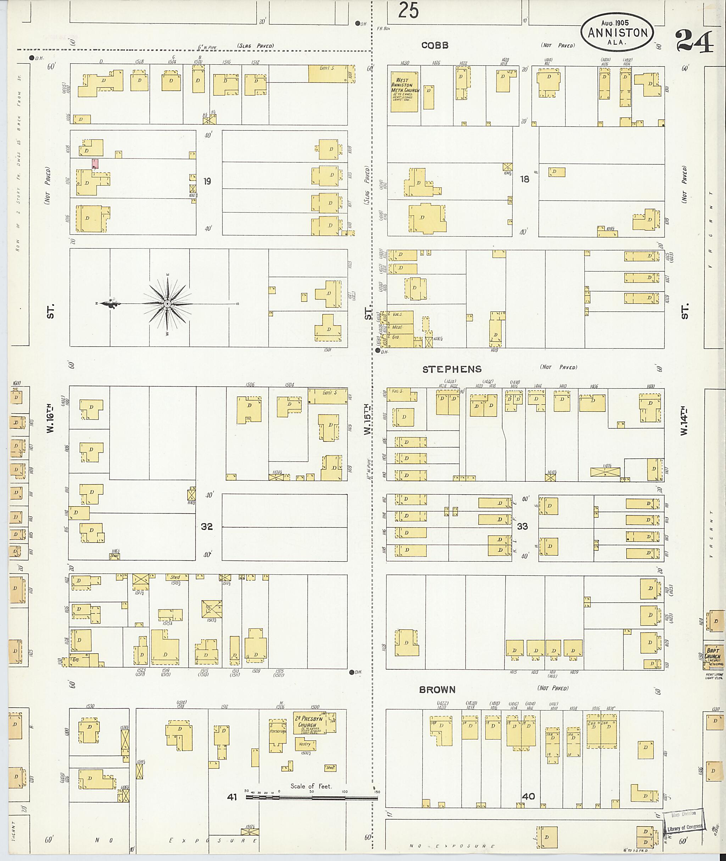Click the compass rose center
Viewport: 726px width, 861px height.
click(168, 304)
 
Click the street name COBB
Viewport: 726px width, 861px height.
click(435, 45)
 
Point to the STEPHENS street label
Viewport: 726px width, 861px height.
click(452, 369)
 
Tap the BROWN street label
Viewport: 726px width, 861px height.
click(437, 689)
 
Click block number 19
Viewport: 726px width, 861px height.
click(207, 181)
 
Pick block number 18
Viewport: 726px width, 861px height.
click(524, 179)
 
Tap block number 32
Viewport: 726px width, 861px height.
click(207, 526)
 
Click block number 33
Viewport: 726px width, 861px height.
click(522, 526)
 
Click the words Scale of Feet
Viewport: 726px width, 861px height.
click(311, 786)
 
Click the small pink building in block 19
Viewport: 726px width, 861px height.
click(95, 163)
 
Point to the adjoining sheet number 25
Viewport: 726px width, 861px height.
click(408, 10)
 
